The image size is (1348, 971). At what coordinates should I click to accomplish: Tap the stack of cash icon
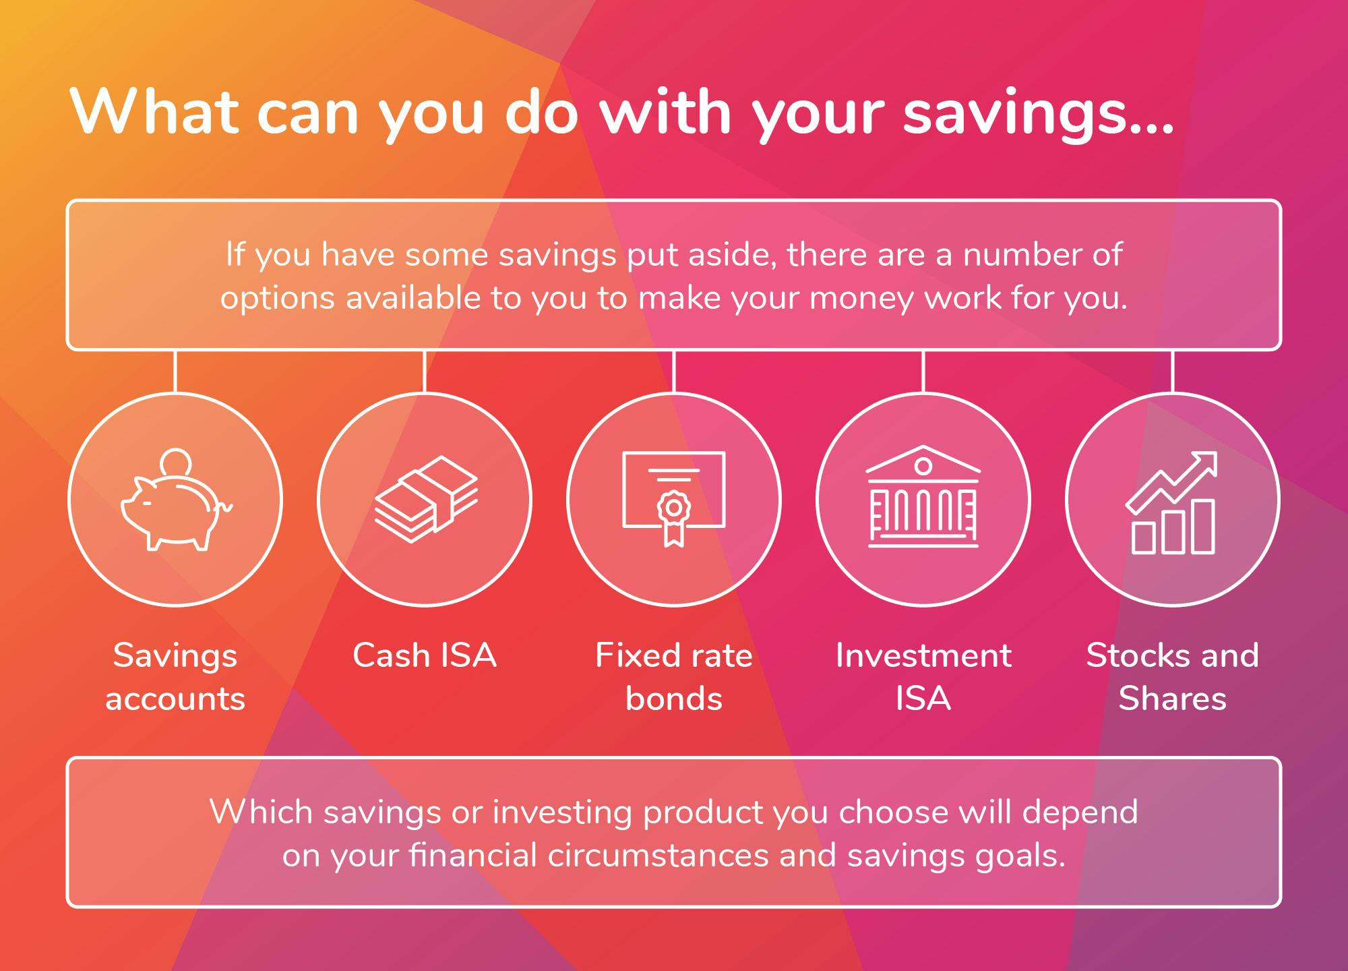[x=426, y=499]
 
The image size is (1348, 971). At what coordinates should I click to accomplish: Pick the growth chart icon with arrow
[x=1172, y=502]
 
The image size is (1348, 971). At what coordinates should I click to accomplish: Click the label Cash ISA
[x=425, y=655]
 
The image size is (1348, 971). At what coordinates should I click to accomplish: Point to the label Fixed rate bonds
[x=674, y=676]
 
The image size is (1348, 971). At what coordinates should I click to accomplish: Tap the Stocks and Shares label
[x=1173, y=676]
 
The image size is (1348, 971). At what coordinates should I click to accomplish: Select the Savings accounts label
[x=175, y=676]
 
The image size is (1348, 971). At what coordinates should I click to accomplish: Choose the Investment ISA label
[x=923, y=676]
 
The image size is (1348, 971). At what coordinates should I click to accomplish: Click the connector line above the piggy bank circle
[x=175, y=372]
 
